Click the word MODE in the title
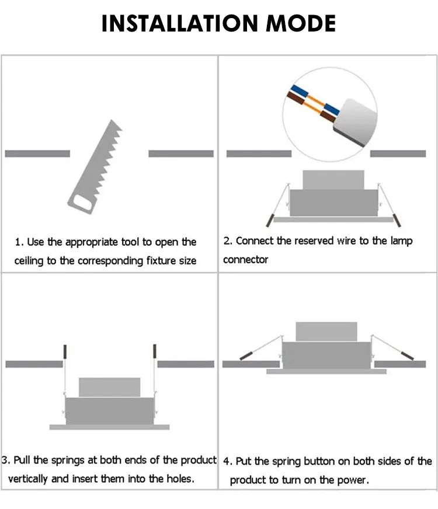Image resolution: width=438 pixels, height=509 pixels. (x=301, y=23)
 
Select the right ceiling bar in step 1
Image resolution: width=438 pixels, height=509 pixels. (x=180, y=154)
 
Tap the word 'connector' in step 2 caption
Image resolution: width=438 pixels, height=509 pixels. (x=245, y=259)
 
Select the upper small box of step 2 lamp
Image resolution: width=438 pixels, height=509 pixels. (x=333, y=179)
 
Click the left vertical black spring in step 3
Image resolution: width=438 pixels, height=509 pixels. (x=65, y=351)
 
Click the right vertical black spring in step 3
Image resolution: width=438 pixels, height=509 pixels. (x=155, y=351)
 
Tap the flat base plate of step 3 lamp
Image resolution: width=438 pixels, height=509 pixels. (x=109, y=427)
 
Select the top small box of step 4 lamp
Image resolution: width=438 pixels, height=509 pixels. (x=326, y=331)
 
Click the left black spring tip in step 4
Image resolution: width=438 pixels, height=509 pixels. (x=247, y=354)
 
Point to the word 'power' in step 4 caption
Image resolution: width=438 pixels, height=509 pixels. (x=352, y=480)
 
